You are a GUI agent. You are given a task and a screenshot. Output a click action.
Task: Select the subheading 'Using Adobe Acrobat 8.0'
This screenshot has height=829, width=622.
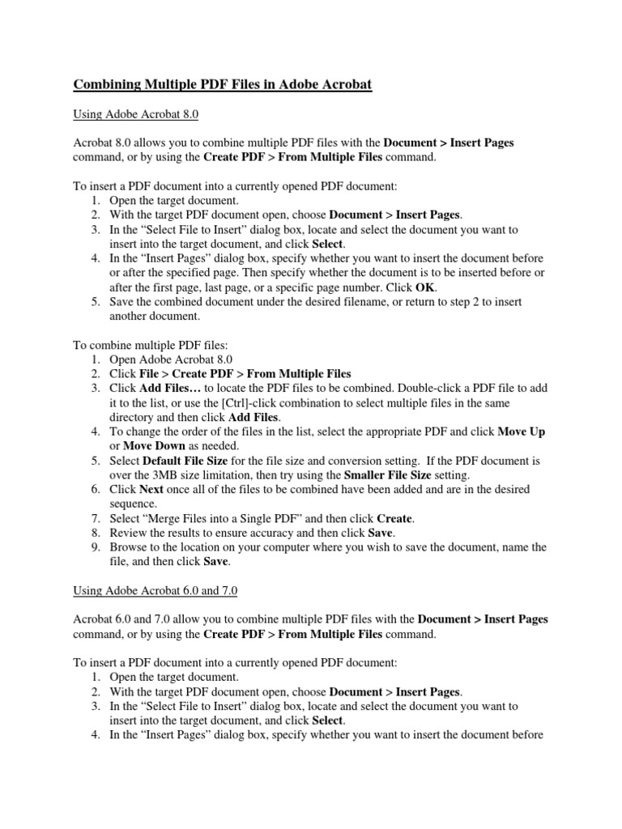point(136,116)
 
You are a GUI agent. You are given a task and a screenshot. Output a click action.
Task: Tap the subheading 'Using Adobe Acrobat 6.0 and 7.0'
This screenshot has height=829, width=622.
point(158,592)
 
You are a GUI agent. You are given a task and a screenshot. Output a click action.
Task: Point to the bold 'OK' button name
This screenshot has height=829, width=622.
point(426,287)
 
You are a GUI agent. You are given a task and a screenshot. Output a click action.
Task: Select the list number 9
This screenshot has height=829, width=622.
point(95,547)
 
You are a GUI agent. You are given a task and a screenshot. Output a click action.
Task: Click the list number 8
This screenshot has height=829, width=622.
point(95,533)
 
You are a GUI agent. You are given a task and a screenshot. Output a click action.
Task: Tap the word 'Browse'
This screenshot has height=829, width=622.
point(128,547)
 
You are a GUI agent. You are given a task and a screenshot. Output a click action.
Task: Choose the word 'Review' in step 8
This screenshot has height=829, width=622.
point(128,533)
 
